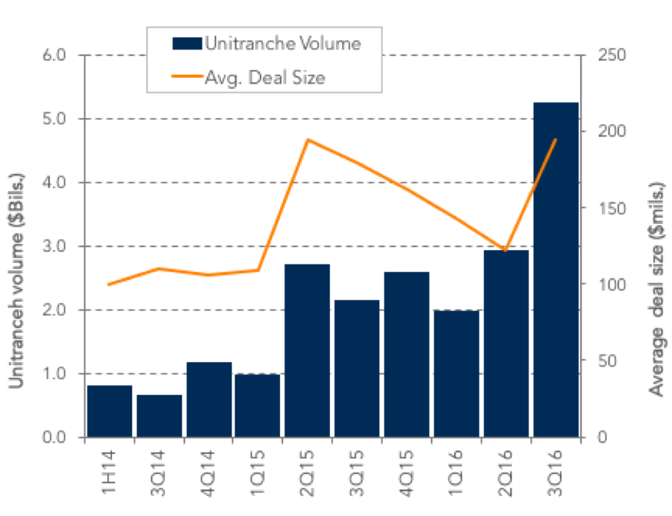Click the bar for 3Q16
[556, 270]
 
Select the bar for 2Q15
[308, 350]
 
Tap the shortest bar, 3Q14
[160, 416]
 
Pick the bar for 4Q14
[209, 400]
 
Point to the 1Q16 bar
[456, 373]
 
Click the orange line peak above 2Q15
[308, 140]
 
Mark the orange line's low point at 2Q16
[505, 250]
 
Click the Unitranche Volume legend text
[283, 43]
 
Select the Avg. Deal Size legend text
[265, 77]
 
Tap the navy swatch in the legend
[187, 43]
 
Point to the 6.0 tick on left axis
[54, 55]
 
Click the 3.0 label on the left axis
[54, 246]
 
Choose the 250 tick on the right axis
[612, 55]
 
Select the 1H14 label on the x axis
[109, 471]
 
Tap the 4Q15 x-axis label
[407, 473]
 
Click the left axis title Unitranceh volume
[16, 281]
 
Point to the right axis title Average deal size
[656, 289]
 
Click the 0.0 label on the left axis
[54, 437]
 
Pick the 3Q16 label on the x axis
[556, 473]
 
